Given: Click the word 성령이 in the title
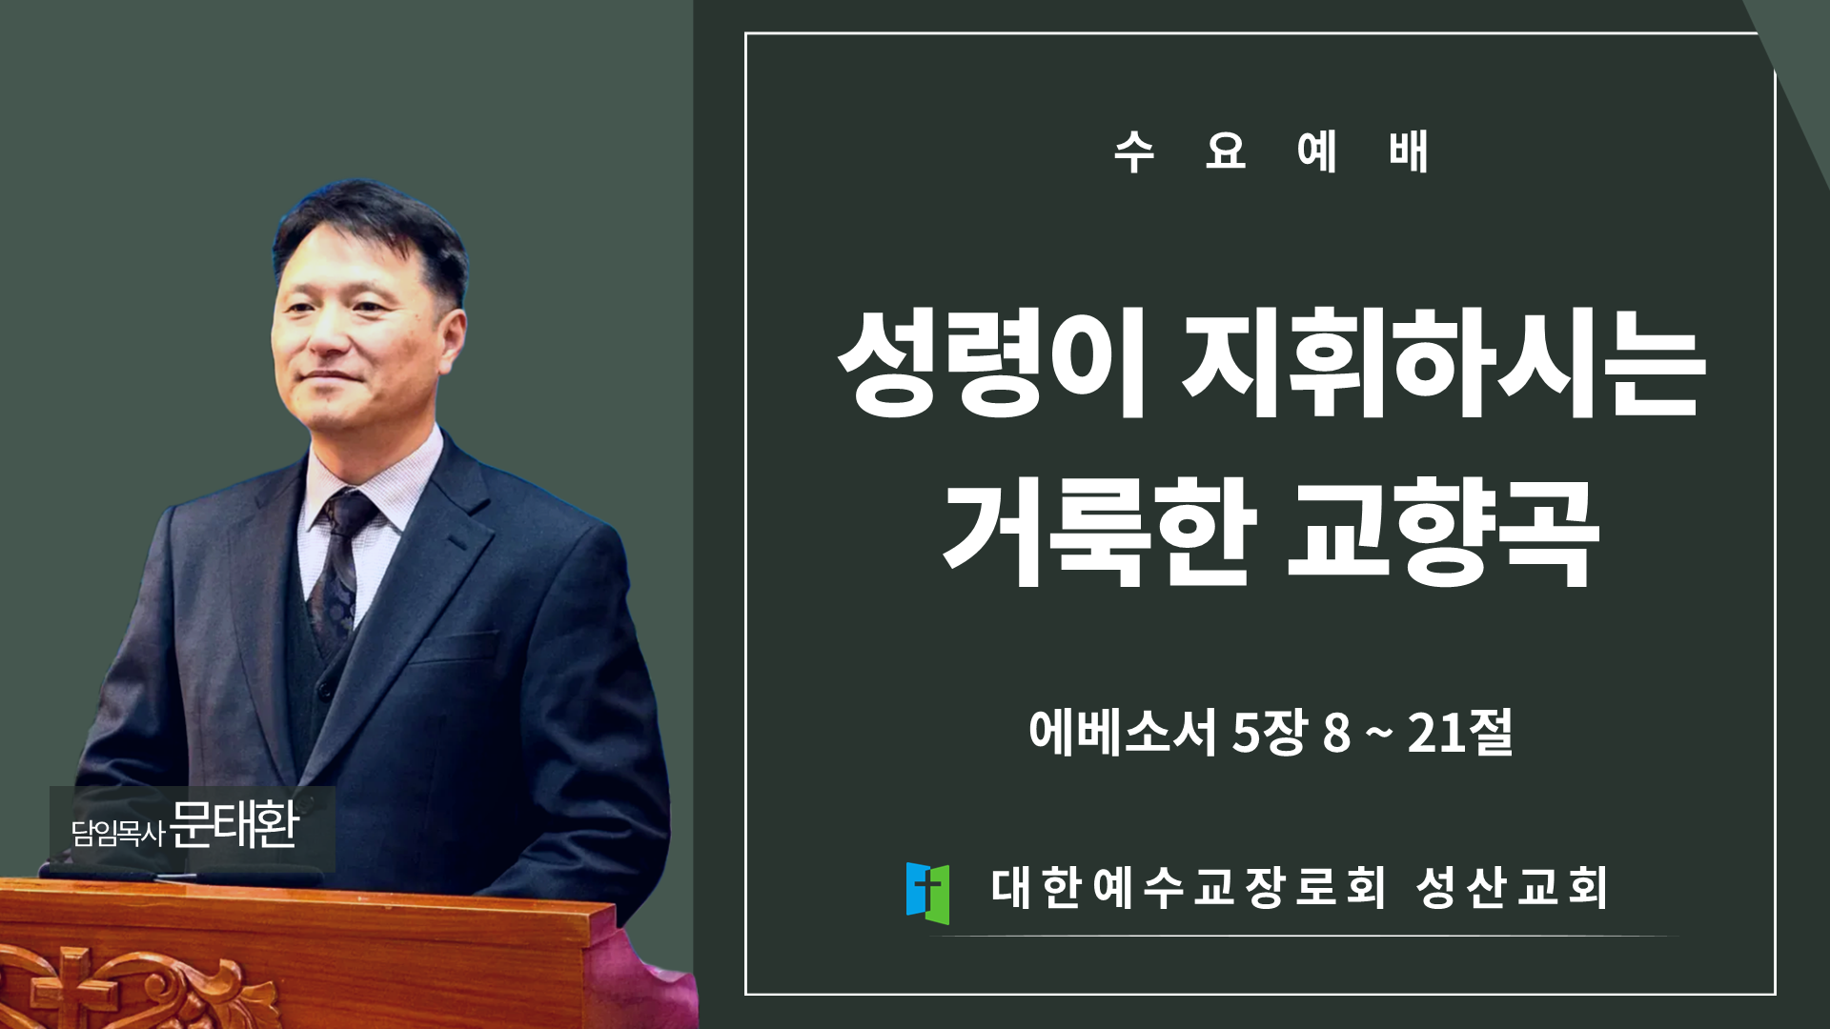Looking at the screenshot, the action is coord(992,364).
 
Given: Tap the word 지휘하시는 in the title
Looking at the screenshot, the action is coord(1443,364).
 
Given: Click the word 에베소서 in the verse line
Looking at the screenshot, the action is coord(1123,732).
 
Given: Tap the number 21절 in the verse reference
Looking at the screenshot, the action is coord(1460,732).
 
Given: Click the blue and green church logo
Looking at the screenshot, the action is coord(927,893).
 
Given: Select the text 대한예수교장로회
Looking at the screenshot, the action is coord(1189,887).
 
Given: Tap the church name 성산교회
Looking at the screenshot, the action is coord(1512,887).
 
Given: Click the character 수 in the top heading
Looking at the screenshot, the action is coord(1134,151).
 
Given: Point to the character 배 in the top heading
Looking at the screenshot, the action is coord(1409,151).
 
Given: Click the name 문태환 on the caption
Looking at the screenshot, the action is coord(235,825).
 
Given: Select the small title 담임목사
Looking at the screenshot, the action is coord(118,833).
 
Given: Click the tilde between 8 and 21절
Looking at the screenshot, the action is coord(1378,733).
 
